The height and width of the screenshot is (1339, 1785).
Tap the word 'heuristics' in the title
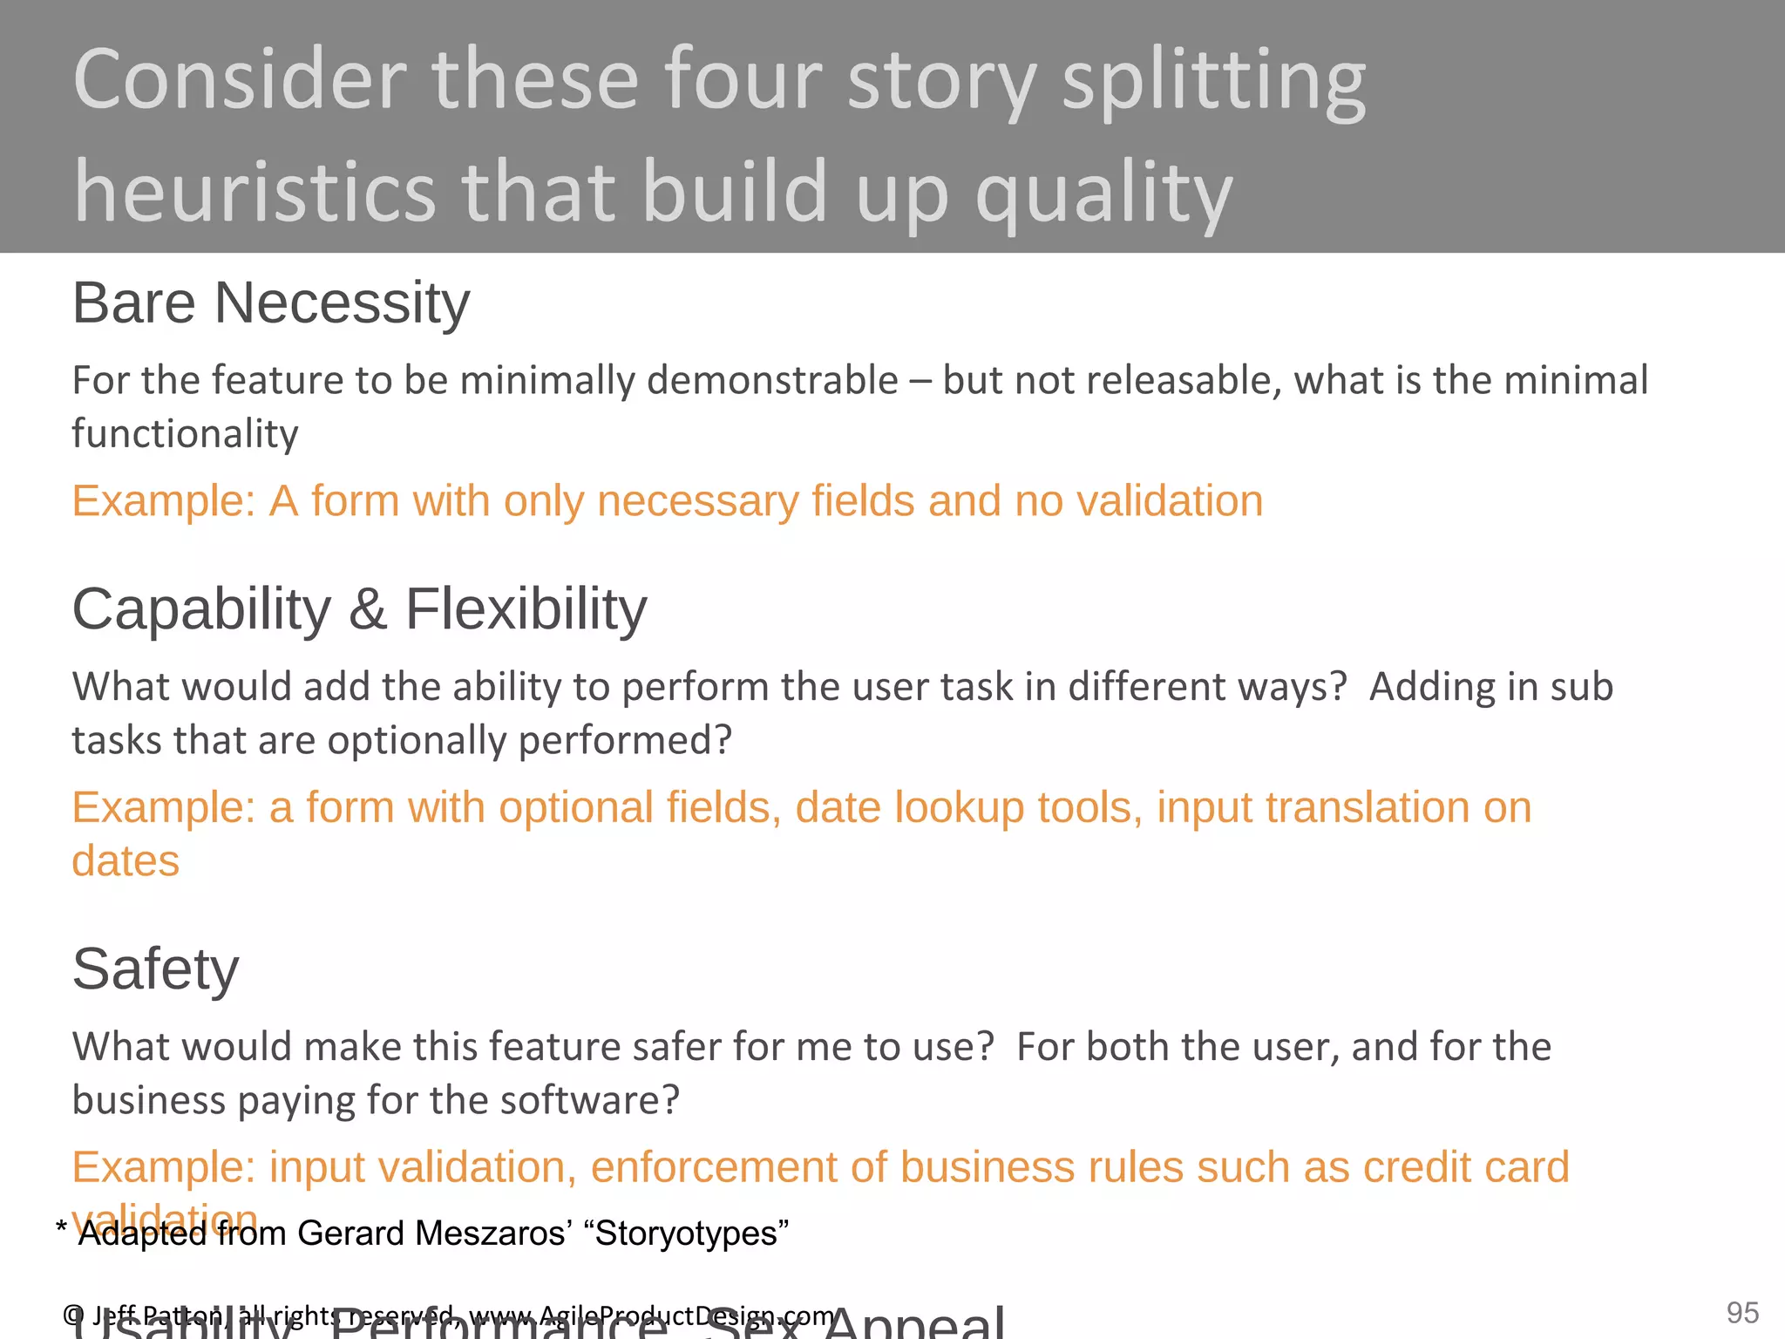254,192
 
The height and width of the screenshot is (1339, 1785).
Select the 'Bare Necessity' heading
270,303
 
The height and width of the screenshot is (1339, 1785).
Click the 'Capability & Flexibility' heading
359,608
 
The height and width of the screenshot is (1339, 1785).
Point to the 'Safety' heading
155,969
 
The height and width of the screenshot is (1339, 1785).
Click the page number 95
1742,1313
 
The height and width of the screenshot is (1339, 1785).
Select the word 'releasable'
1190,381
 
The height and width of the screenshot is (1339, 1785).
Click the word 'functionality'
185,434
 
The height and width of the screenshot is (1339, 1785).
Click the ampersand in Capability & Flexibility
367,609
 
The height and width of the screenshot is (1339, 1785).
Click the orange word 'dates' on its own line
126,861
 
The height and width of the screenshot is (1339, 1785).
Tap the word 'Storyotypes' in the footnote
686,1234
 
